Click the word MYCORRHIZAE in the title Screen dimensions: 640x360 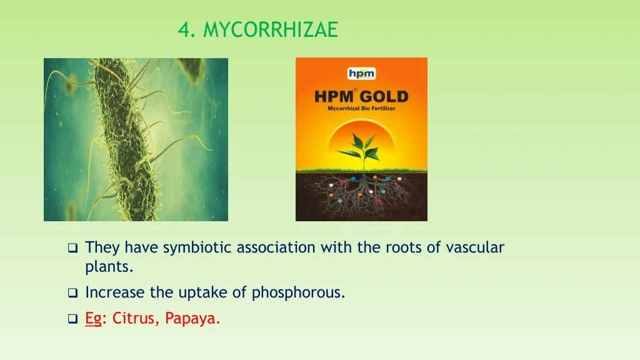271,29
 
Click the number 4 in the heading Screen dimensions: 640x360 184,29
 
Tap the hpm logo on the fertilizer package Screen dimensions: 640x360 362,74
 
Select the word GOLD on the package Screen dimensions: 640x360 384,97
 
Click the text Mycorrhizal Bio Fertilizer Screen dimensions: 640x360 361,109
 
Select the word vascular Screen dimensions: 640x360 475,247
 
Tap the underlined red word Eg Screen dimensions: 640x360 93,318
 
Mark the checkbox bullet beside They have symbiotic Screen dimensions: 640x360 72,247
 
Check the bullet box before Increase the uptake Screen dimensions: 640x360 72,292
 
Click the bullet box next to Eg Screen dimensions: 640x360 72,318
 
